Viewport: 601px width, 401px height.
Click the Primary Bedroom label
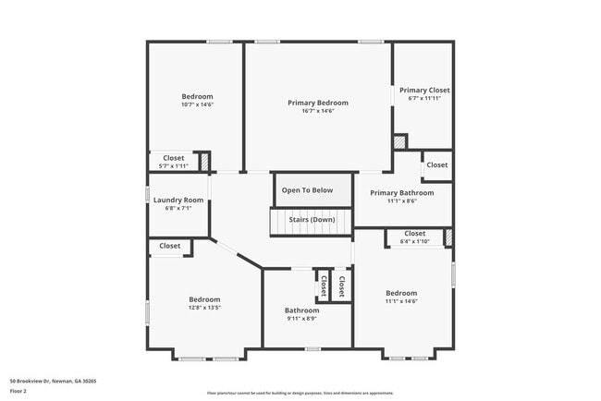(318, 103)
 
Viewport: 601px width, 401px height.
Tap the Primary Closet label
(424, 90)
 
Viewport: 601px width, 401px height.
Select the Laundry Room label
(178, 200)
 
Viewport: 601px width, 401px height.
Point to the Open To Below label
(308, 190)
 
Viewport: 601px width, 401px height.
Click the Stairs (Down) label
(312, 219)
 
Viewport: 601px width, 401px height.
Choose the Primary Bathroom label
(401, 192)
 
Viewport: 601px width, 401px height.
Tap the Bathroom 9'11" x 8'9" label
(301, 310)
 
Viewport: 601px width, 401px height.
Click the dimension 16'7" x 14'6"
(318, 111)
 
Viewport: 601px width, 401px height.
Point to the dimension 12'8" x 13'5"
(204, 308)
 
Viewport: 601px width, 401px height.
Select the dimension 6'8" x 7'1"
(178, 209)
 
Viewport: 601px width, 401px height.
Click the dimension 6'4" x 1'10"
(414, 242)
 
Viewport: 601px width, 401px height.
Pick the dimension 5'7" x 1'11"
(174, 166)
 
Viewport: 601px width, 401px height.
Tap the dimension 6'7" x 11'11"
(424, 98)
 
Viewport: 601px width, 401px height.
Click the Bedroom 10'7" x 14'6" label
(197, 96)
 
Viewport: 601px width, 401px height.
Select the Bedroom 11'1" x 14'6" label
(401, 293)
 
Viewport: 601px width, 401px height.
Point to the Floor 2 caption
(19, 391)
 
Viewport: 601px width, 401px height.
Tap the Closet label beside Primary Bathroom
(436, 164)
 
